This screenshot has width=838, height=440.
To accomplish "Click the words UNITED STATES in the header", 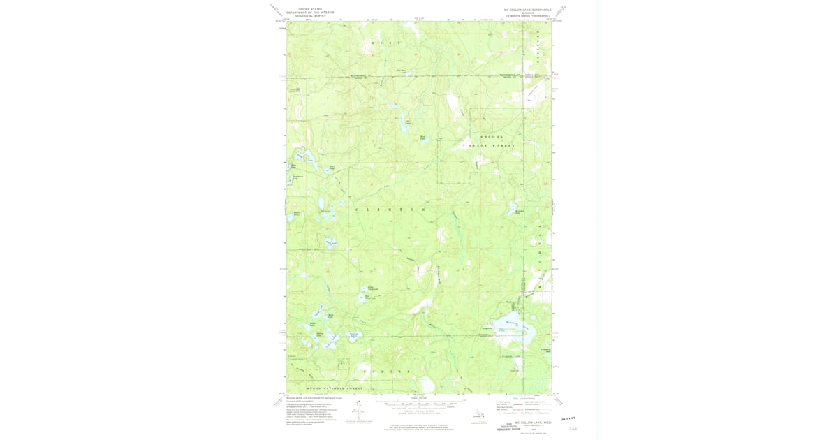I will point(310,9).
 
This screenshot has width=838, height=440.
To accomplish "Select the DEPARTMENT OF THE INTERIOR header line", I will point(310,13).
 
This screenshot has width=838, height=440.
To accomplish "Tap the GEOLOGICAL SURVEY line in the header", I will point(310,16).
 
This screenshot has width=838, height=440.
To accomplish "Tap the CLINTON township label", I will point(390,210).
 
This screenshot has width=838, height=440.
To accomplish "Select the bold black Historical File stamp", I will point(509,427).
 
